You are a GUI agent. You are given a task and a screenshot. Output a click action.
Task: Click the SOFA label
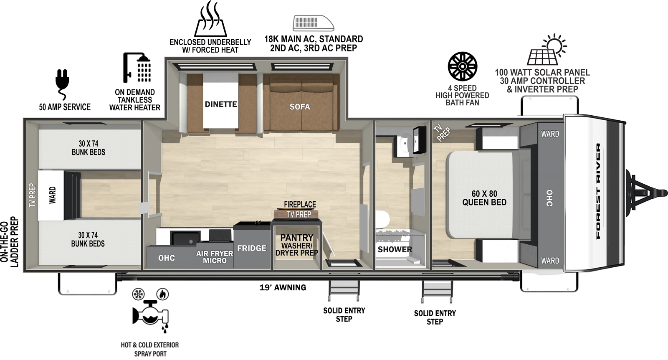pos(300,107)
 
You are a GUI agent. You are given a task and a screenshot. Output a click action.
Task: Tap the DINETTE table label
pos(220,104)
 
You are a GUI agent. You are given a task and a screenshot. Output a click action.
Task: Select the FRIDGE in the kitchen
pos(252,248)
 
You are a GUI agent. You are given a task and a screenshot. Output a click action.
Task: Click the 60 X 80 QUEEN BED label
pos(484,198)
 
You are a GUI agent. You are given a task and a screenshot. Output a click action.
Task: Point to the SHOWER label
pos(395,250)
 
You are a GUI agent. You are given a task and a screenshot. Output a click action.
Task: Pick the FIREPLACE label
pos(300,204)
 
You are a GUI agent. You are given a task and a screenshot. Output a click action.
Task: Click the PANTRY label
pos(297,237)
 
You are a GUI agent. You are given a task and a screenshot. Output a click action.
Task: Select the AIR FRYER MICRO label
pos(215,257)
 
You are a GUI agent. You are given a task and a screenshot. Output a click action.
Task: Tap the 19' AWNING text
pos(283,287)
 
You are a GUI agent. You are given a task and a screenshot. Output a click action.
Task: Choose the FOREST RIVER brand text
pos(598,191)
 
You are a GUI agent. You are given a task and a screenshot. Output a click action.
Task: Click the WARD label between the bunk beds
pos(53,195)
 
